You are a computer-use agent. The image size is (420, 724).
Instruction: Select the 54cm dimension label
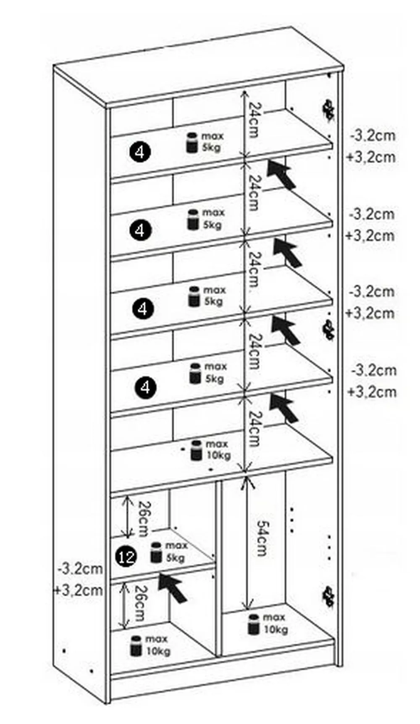(261, 539)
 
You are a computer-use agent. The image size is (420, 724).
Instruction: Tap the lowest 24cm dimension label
(254, 429)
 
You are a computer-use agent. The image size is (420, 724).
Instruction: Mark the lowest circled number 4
(145, 386)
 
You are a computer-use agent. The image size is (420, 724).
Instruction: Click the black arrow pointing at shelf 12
(172, 587)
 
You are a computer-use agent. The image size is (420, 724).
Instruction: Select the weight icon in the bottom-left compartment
(136, 645)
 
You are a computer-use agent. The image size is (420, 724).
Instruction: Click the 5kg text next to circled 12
(176, 558)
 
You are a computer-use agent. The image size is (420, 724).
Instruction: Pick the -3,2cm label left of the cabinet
(80, 568)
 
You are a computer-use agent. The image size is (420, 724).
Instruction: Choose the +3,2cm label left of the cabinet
(78, 590)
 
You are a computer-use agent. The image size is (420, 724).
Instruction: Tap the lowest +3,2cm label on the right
(371, 392)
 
